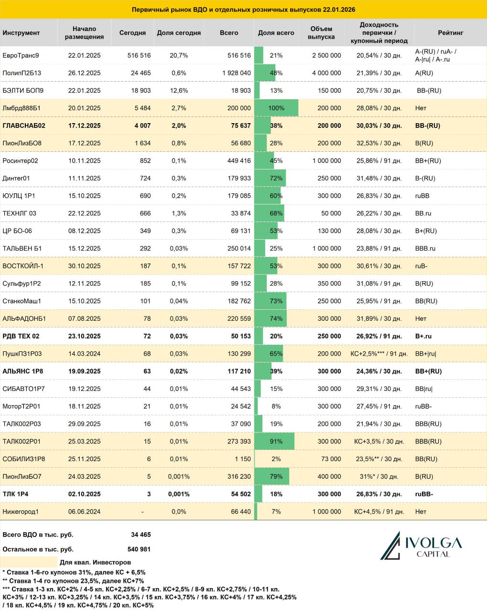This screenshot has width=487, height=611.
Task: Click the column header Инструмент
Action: click(21, 33)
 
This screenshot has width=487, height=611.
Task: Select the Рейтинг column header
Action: click(450, 33)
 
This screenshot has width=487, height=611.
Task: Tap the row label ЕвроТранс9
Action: click(21, 55)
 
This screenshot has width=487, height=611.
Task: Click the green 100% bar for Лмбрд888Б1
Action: click(276, 108)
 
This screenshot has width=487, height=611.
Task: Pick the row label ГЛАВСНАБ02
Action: click(24, 126)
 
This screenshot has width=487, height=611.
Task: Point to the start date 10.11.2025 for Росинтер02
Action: click(84, 161)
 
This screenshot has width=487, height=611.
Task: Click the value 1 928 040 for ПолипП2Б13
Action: click(236, 73)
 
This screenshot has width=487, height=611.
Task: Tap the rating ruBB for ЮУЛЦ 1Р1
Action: click(422, 196)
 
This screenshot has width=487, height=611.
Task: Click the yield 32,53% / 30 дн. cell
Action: click(379, 143)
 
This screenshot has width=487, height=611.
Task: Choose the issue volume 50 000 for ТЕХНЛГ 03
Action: click(331, 213)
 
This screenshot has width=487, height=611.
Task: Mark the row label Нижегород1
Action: click(21, 512)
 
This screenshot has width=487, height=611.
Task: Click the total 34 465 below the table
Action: click(141, 535)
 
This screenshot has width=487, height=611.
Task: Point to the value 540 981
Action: click(139, 549)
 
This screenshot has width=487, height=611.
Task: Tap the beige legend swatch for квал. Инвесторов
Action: click(29, 562)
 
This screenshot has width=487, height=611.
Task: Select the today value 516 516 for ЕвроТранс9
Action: click(139, 55)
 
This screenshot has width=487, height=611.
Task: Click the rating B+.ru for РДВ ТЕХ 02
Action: click(423, 336)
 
